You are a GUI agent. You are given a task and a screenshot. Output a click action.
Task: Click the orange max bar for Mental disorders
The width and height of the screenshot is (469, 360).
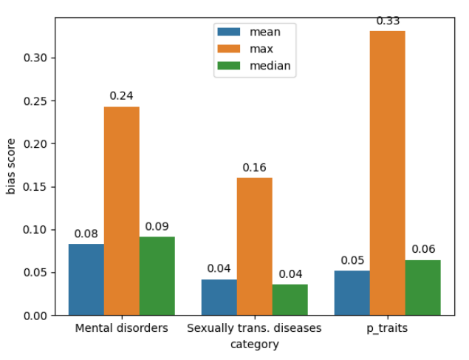(x=122, y=211)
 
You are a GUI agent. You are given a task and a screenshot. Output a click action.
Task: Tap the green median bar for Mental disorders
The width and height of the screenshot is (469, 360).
(x=157, y=276)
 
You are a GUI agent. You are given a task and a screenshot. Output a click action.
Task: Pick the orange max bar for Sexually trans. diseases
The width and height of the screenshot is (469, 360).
(x=255, y=246)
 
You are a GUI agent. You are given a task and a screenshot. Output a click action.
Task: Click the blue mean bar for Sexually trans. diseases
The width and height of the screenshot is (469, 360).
(x=219, y=297)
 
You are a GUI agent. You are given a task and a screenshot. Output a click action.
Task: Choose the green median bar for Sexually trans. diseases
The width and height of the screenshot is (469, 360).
(x=290, y=299)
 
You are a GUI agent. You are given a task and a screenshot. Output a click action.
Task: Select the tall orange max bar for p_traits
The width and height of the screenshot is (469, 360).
(x=388, y=173)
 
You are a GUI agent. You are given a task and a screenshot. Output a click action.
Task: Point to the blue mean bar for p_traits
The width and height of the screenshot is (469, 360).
(x=352, y=293)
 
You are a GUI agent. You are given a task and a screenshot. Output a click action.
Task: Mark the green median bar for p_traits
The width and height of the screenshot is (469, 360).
(x=423, y=288)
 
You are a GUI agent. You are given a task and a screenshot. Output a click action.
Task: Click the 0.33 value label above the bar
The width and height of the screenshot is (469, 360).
(x=388, y=21)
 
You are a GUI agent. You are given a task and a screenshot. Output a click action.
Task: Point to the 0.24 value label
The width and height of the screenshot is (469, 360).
(x=122, y=96)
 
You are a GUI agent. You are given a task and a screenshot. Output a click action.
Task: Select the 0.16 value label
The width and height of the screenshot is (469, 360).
(x=255, y=168)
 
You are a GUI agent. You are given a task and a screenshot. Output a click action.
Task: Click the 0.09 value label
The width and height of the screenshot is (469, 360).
(x=157, y=226)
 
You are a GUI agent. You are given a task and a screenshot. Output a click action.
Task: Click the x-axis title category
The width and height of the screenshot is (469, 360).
(x=254, y=344)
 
